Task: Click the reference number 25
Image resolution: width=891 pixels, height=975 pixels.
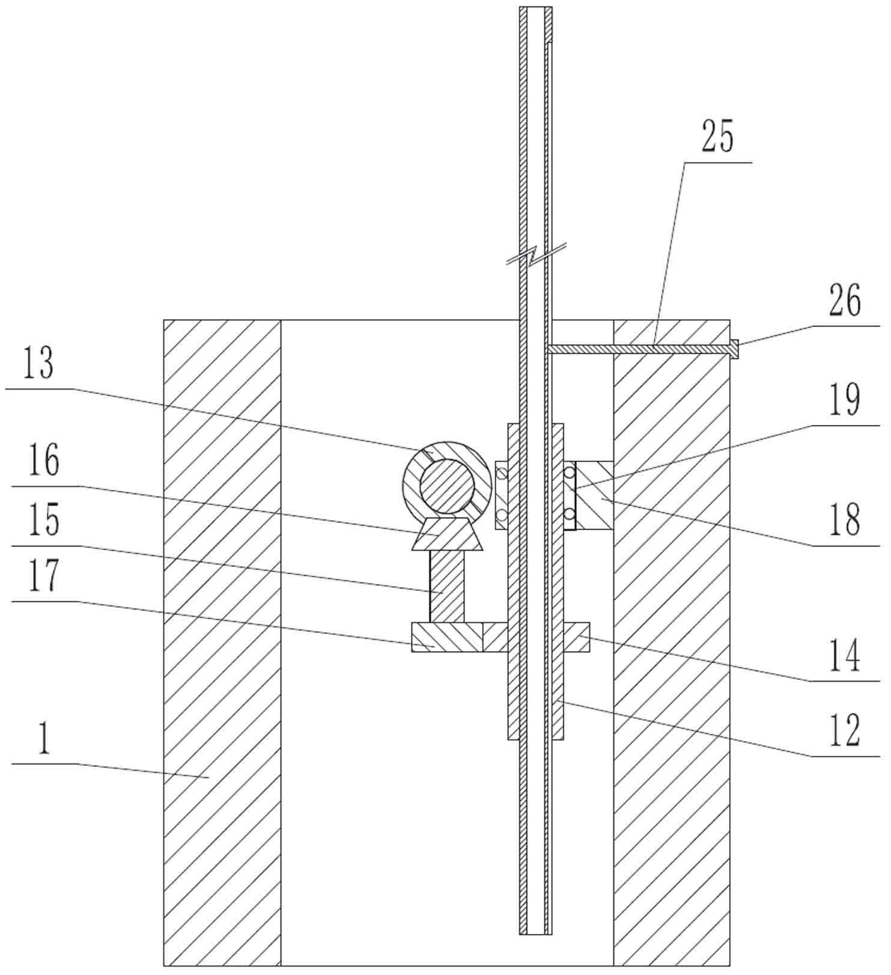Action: (717, 137)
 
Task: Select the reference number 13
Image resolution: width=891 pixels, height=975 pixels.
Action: (38, 364)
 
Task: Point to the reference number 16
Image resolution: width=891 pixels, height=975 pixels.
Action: (44, 460)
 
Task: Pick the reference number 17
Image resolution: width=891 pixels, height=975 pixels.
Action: (44, 575)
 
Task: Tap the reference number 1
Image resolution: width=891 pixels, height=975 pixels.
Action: (43, 739)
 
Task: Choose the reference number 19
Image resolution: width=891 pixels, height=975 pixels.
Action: (845, 400)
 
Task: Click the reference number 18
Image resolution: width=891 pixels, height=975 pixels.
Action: (845, 520)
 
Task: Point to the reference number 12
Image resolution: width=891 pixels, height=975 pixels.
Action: (845, 730)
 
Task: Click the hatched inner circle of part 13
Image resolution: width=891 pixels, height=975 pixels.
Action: (446, 486)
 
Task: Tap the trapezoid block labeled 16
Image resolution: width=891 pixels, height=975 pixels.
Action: (447, 535)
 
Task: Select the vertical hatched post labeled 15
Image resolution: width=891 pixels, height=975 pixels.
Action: (446, 586)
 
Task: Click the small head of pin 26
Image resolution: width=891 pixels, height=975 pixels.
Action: (734, 348)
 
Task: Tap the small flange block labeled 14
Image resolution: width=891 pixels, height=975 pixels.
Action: (577, 637)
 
